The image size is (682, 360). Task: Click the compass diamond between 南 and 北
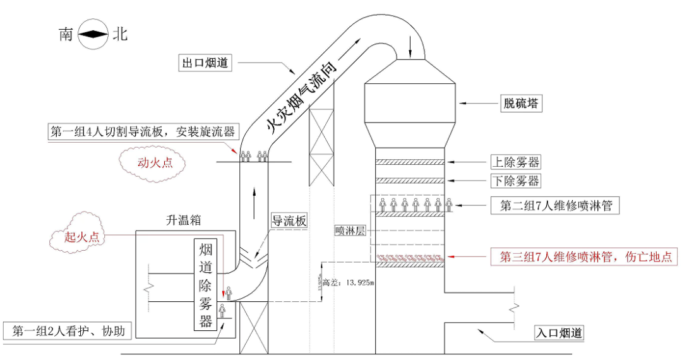pos(93,35)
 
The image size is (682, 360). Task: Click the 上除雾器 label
pos(516,162)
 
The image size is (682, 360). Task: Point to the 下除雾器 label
pos(516,181)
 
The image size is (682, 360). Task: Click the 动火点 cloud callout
pos(155,163)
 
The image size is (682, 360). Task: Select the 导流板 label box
pos(289,221)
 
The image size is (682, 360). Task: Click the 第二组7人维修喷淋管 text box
pos(556,205)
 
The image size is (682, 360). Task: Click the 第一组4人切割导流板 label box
pos(142,131)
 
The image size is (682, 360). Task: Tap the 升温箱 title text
pos(182,220)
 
